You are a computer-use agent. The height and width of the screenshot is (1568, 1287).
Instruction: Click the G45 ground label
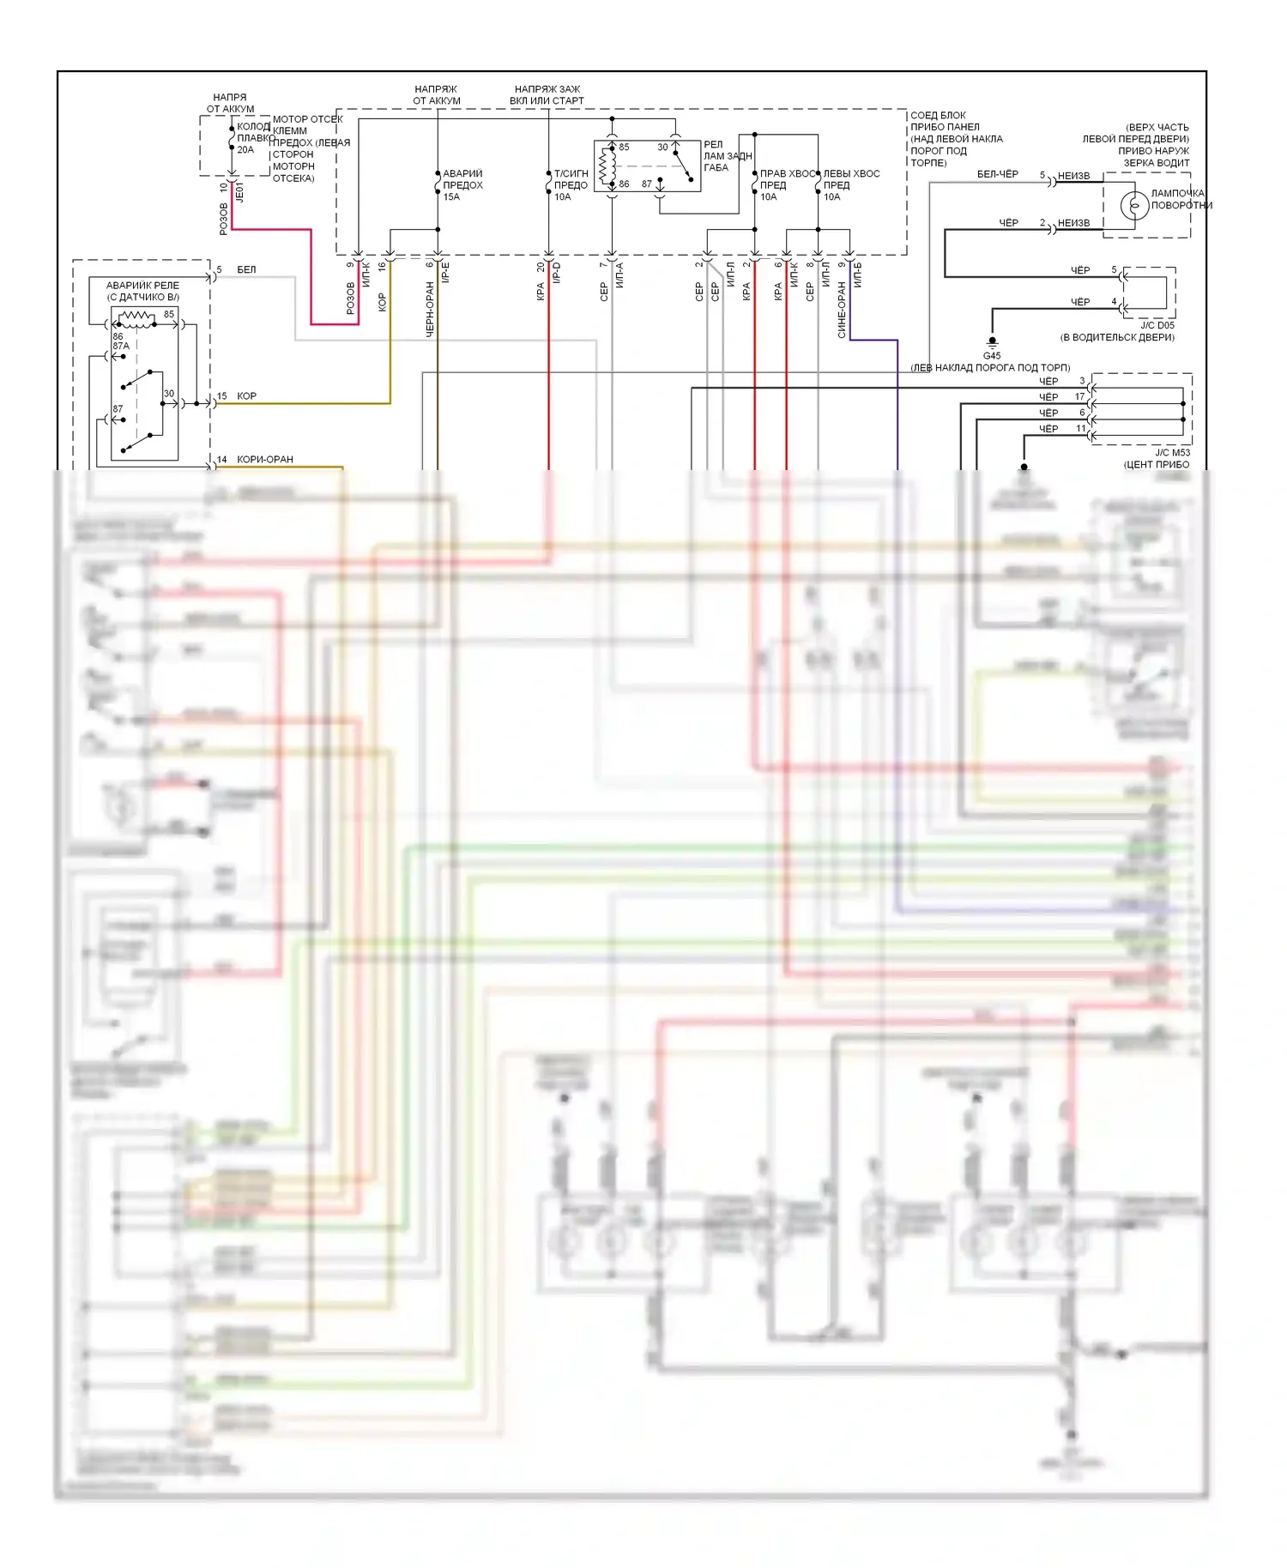point(992,355)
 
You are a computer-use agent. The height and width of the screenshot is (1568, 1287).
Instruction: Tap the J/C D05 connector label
point(1157,326)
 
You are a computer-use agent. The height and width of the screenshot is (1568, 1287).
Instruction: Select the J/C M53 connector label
point(1172,453)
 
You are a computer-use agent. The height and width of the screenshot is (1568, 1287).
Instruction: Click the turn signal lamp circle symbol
point(1134,206)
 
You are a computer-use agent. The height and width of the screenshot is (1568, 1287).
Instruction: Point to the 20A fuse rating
point(245,150)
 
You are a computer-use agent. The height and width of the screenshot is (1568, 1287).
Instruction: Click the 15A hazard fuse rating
point(451,197)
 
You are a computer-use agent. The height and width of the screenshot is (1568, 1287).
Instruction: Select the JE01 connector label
point(240,191)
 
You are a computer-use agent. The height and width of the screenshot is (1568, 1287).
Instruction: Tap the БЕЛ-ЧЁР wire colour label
point(998,174)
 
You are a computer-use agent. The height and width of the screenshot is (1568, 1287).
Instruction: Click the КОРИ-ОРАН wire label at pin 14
point(265,460)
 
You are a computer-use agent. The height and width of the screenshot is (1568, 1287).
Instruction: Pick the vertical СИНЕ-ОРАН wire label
point(842,311)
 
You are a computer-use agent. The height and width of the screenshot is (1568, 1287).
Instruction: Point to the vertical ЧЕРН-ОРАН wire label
point(430,309)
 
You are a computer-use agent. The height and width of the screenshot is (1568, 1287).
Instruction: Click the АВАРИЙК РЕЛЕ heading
point(142,286)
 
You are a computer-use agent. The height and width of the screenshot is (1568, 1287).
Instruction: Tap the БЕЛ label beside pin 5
point(246,269)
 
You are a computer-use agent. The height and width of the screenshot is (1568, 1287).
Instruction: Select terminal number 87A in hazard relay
point(121,347)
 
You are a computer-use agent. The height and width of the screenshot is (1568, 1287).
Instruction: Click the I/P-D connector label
point(556,273)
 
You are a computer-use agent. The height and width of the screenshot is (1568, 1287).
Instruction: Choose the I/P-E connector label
point(445,273)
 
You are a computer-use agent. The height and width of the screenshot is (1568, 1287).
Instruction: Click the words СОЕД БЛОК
point(938,115)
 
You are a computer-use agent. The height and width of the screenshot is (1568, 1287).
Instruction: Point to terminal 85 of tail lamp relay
point(624,148)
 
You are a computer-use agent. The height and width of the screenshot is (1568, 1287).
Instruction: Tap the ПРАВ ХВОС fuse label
point(787,174)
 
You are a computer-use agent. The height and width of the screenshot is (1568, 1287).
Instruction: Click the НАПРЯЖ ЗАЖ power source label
point(547,89)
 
